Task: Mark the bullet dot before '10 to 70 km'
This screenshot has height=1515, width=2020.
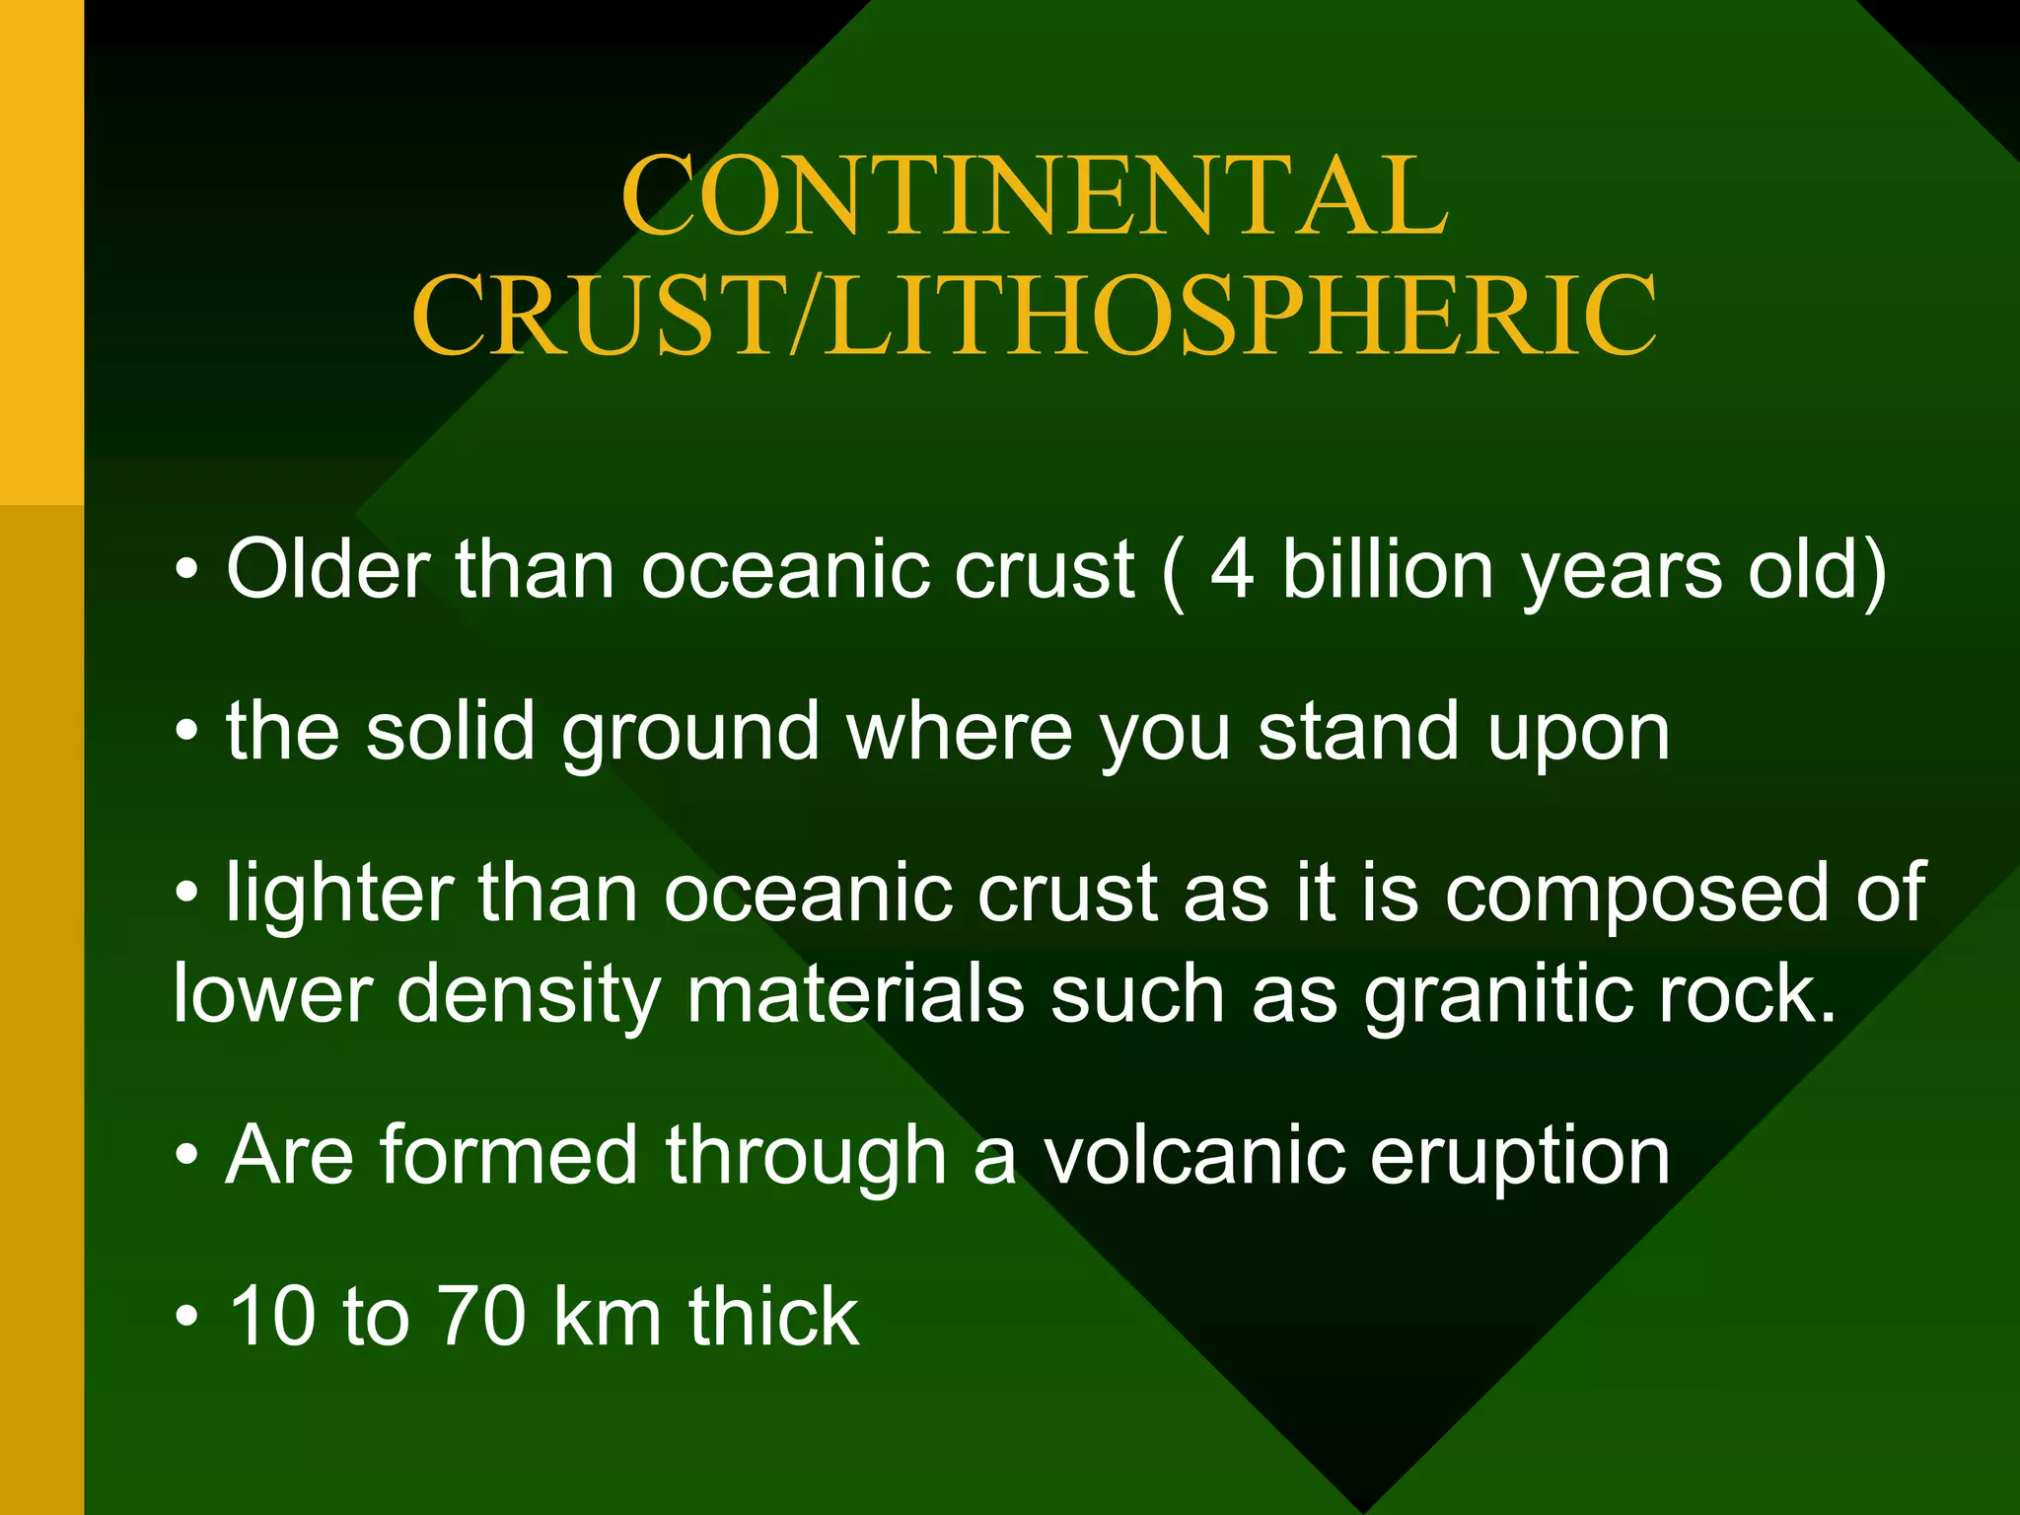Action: (187, 1318)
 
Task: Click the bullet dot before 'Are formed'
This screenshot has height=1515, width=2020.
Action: (187, 1157)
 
